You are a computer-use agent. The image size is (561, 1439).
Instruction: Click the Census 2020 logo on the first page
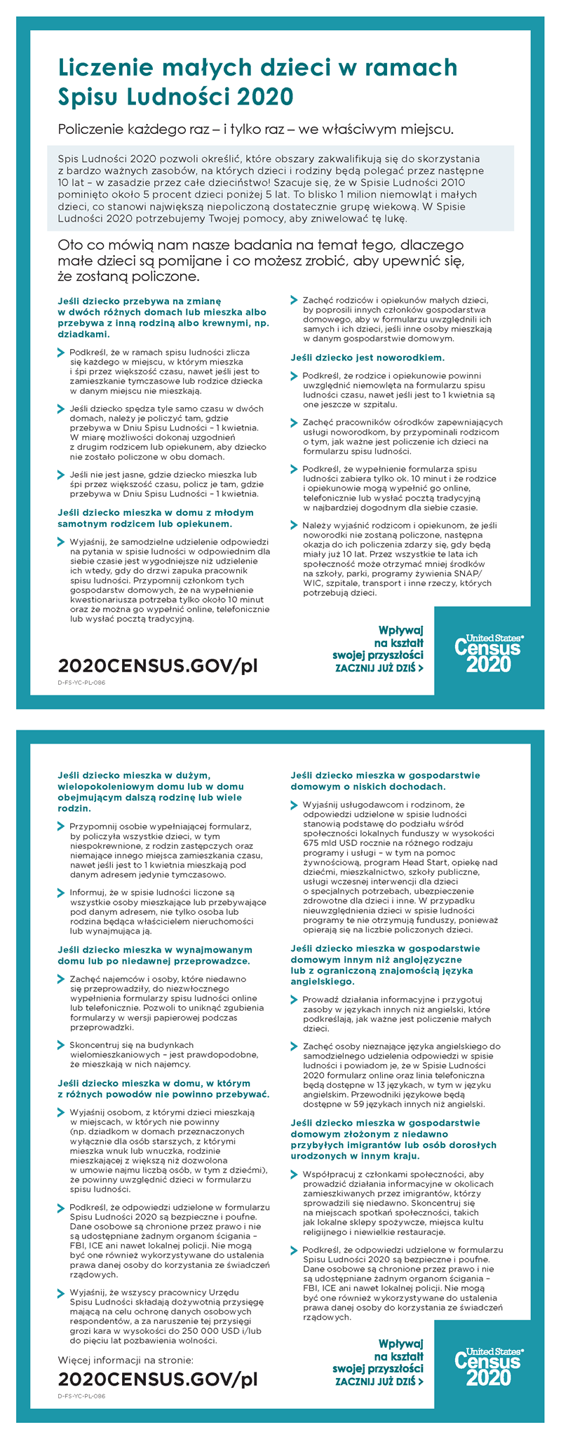(489, 653)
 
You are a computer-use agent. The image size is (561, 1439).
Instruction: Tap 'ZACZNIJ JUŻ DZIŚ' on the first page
(379, 668)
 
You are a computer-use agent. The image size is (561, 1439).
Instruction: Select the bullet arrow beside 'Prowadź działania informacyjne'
(295, 999)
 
